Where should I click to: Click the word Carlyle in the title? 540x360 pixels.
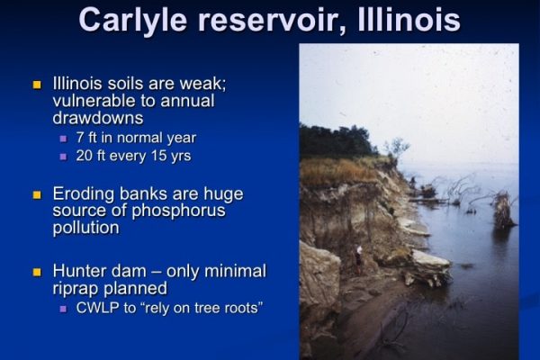132,20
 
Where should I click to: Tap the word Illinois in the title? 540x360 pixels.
409,19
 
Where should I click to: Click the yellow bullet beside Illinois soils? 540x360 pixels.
37,85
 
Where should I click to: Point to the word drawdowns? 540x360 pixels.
98,118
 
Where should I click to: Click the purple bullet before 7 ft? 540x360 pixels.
63,139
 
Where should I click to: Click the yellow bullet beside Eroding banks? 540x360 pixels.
37,195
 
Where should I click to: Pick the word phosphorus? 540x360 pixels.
178,211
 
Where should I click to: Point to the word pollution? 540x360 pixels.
86,228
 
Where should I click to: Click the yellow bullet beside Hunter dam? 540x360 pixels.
37,272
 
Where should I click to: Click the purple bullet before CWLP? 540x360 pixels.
63,309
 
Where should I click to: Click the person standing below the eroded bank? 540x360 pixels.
359,259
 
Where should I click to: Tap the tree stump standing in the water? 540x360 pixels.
502,210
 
